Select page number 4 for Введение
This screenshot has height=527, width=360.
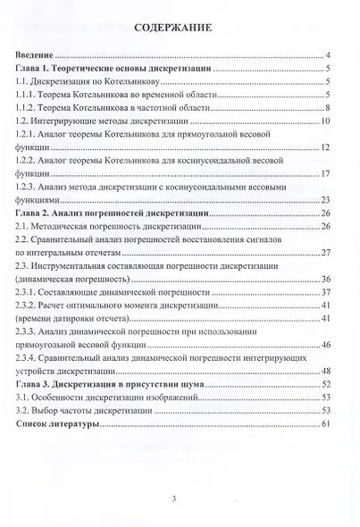pyautogui.click(x=330, y=55)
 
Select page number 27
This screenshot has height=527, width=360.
pyautogui.click(x=327, y=252)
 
